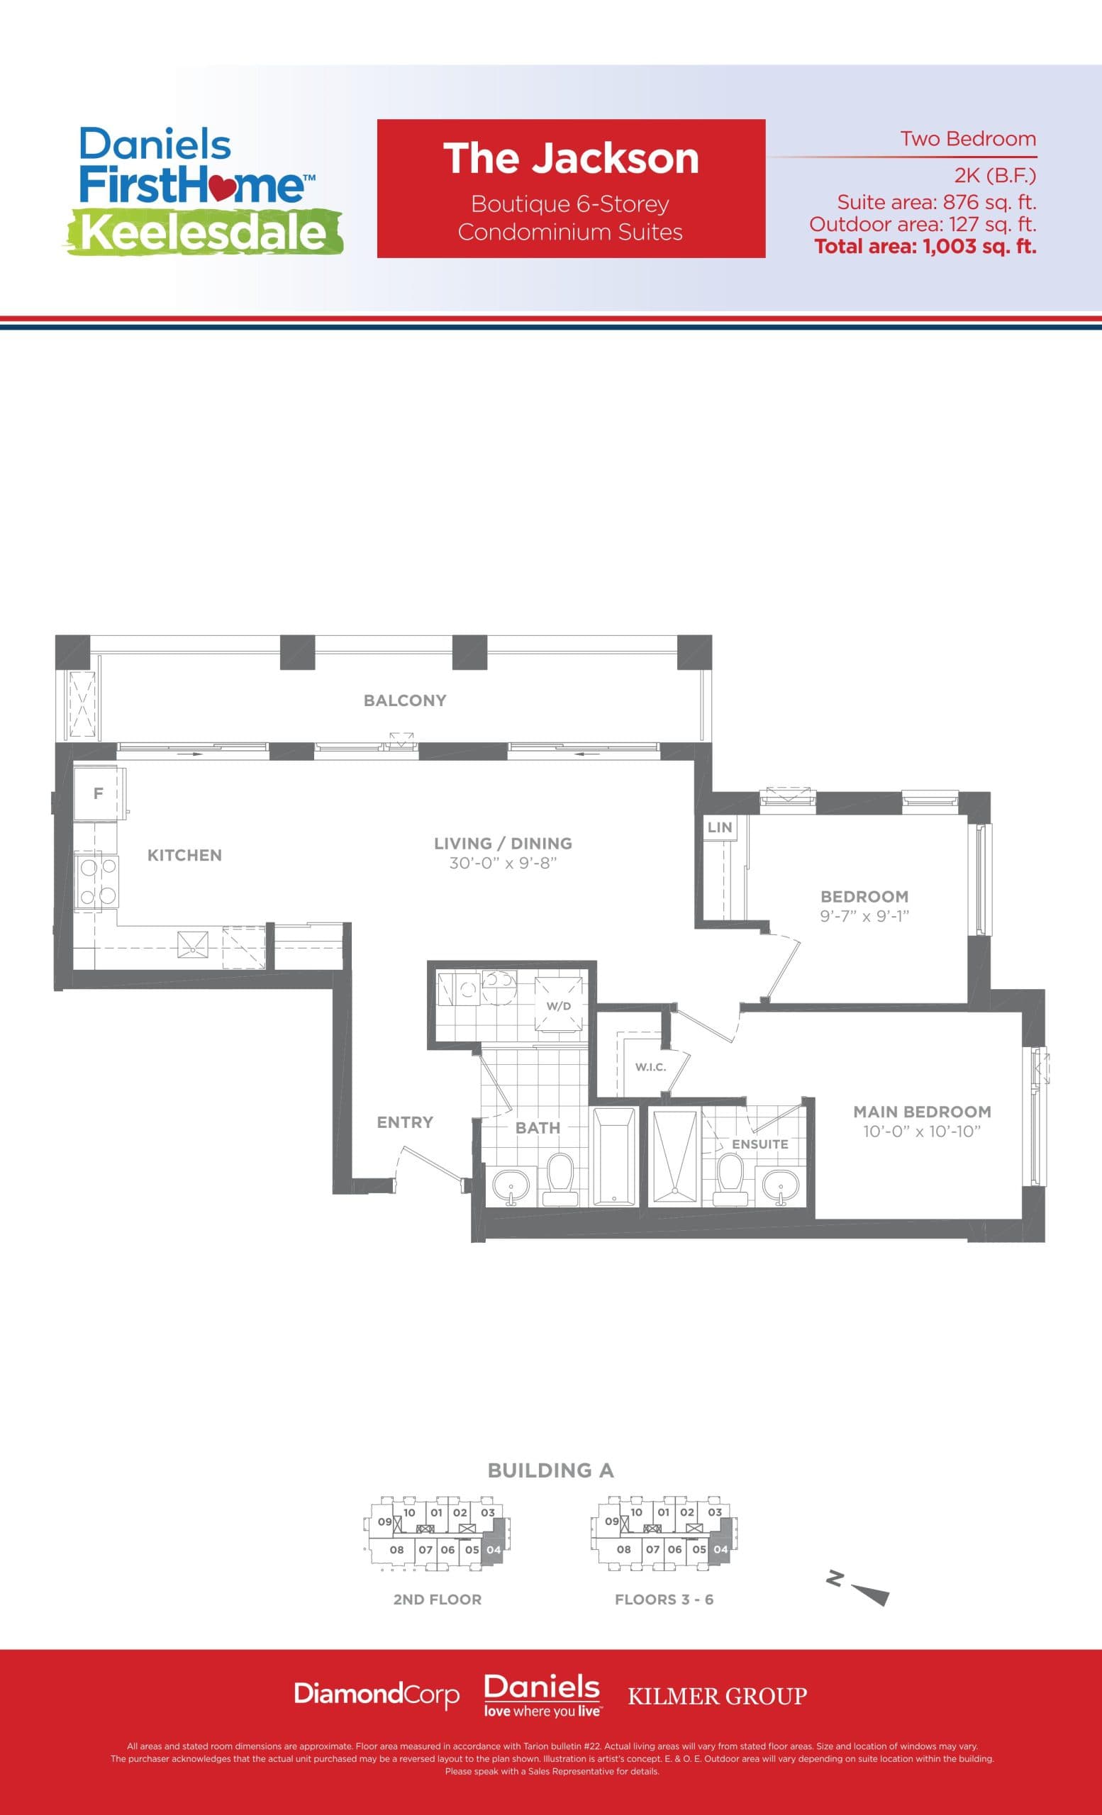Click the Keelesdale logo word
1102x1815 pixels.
[205, 233]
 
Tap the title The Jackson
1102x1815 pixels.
[571, 158]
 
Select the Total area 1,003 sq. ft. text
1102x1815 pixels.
[925, 246]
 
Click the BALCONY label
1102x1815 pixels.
[405, 700]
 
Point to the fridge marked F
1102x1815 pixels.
[98, 793]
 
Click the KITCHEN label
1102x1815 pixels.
[184, 855]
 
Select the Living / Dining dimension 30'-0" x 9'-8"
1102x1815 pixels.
[503, 863]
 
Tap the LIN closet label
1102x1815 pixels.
[720, 827]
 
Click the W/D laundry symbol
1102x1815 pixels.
[558, 1005]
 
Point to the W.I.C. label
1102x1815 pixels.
[650, 1066]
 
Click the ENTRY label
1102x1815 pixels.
[404, 1122]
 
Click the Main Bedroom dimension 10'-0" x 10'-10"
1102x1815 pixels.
[922, 1132]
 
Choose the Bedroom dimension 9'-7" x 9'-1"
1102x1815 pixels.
[864, 916]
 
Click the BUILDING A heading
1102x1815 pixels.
[550, 1470]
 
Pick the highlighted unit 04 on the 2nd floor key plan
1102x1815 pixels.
[494, 1550]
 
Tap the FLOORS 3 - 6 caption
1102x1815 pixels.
[664, 1599]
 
